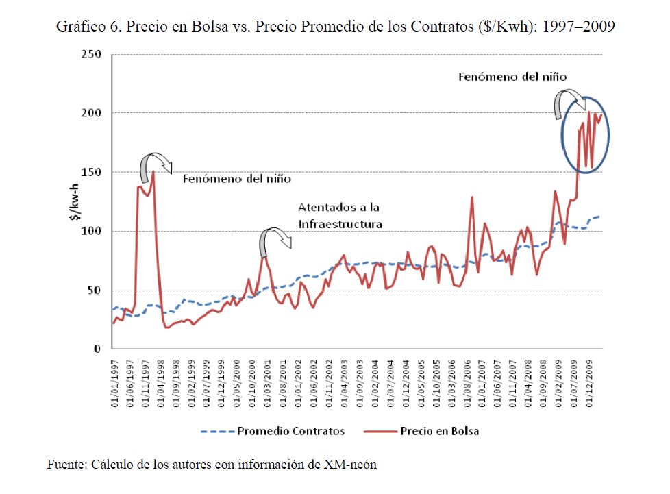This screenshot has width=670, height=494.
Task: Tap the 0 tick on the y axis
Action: (x=98, y=349)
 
